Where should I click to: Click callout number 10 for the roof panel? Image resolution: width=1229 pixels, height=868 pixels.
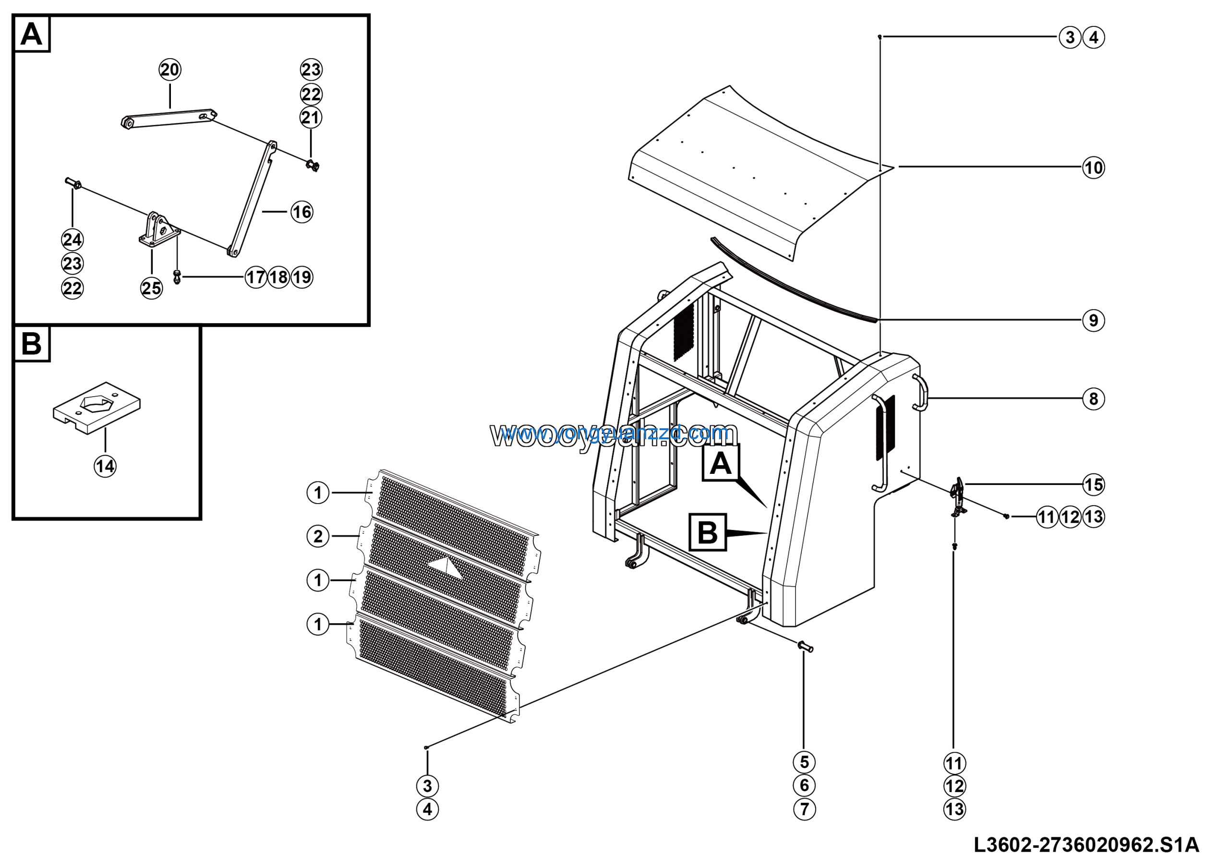pos(1093,168)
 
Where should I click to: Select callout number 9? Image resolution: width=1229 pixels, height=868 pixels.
pos(1093,321)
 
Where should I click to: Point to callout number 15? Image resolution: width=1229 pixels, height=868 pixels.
pos(1093,485)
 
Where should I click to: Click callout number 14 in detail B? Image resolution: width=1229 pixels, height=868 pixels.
pos(105,466)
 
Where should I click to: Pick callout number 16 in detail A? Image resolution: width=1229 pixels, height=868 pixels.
pos(302,212)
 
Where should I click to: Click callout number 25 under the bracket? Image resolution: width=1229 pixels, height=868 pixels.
pos(152,289)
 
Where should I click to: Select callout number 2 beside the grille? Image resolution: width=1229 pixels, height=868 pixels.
pos(318,536)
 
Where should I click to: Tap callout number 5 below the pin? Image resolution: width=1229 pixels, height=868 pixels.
pos(804,762)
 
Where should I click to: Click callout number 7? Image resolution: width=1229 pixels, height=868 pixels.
pos(804,808)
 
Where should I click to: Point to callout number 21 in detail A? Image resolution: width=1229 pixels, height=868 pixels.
pos(311,118)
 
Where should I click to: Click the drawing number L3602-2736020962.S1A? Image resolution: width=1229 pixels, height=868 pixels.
pos(1086,845)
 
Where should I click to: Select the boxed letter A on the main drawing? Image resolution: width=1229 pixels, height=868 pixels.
pos(721,463)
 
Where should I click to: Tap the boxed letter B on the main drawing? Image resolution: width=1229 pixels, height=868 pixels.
pos(708,532)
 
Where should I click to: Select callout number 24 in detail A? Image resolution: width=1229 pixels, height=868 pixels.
pos(72,240)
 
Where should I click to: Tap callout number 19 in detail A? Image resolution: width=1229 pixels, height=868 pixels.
pos(302,277)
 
